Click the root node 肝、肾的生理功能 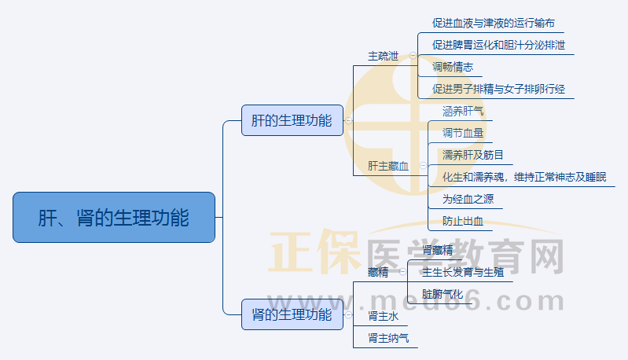(114, 217)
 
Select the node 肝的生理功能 (292, 120)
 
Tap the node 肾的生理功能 (292, 314)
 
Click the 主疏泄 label (384, 57)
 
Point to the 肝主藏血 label (388, 166)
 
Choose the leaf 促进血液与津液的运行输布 (498, 23)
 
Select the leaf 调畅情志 (453, 67)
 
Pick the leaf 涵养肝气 (463, 112)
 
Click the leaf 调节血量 (463, 133)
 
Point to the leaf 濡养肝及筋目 (473, 155)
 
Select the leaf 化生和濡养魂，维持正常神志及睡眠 (524, 177)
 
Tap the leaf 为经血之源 (468, 199)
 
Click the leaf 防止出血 (463, 221)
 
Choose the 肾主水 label (384, 317)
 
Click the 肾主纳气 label (388, 339)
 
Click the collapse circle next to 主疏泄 (413, 56)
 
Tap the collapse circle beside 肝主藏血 (423, 166)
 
